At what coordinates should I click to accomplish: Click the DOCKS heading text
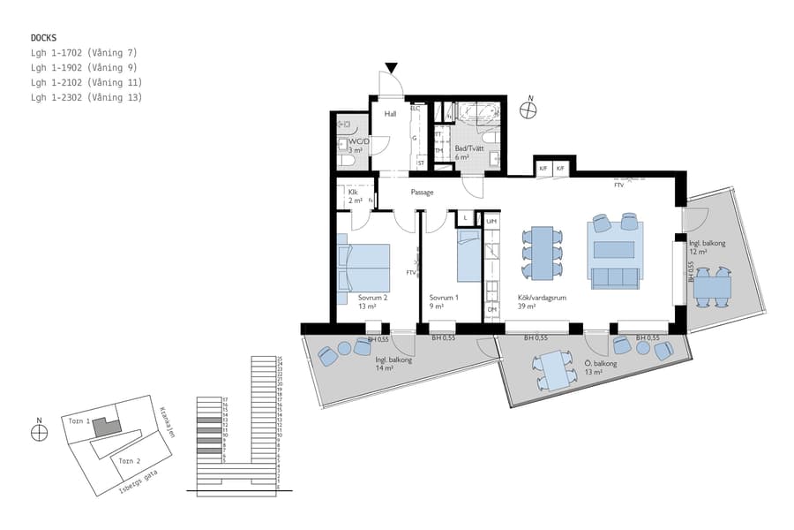tap(44, 38)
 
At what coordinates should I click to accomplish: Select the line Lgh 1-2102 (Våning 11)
tap(85, 83)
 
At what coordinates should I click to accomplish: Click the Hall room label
tap(390, 114)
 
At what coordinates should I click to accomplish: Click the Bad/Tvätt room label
tap(468, 148)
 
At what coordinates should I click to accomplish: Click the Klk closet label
tap(353, 192)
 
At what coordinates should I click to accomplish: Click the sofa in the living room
tap(616, 276)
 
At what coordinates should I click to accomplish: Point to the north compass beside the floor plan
tap(528, 110)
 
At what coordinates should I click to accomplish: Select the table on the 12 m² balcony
tap(711, 286)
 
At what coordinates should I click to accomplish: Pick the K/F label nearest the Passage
tap(543, 168)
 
